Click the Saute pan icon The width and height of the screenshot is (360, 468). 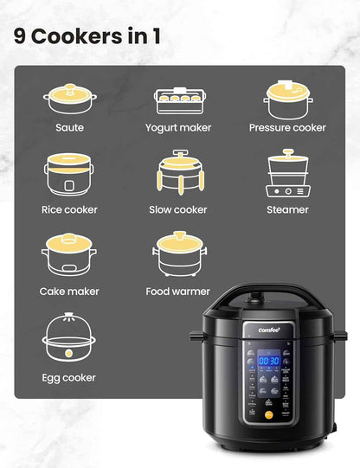pos(69,99)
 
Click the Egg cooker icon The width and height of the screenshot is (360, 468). pos(69,338)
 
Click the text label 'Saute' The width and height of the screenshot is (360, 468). pos(69,127)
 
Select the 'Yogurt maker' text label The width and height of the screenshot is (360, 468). pos(177,127)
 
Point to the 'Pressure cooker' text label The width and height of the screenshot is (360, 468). pos(287,127)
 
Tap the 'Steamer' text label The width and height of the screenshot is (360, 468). pos(287,209)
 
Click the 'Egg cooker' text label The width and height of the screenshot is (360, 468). pos(69,378)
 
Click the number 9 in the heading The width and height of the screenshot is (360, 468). pos(20,37)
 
